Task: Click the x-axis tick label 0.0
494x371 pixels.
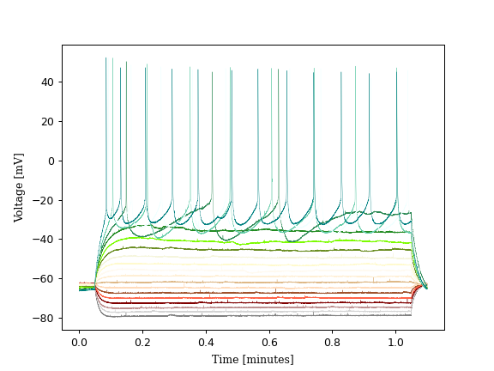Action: tap(79, 342)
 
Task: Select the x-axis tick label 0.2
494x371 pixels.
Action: tap(142, 342)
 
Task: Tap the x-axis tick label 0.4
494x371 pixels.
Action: tap(206, 342)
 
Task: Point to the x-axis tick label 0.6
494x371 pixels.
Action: tap(269, 342)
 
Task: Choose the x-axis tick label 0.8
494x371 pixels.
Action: tap(333, 342)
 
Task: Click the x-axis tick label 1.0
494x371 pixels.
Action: tap(396, 342)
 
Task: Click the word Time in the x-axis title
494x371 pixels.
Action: tap(225, 359)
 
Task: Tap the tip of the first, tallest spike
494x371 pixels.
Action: tap(106, 58)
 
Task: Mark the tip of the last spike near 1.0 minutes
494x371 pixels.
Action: tap(396, 69)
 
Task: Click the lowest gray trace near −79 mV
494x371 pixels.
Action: tap(257, 315)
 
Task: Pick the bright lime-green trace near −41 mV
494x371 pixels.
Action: tap(257, 241)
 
